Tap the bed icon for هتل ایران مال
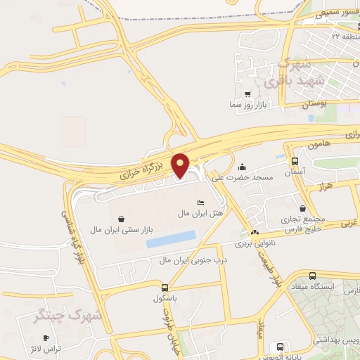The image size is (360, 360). tap(201, 202)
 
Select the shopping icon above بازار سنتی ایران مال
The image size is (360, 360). tap(123, 219)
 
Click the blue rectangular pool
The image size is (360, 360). tap(169, 238)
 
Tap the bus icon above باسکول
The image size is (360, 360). tap(165, 288)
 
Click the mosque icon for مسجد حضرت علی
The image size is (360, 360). tap(243, 167)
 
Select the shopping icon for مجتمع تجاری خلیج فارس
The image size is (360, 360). tap(303, 208)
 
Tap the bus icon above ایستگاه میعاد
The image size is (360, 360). tap(312, 276)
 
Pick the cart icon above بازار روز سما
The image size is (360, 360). tap(247, 94)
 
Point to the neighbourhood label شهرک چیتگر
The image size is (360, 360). tap(69, 316)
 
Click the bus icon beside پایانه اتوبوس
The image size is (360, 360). tap(281, 347)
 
